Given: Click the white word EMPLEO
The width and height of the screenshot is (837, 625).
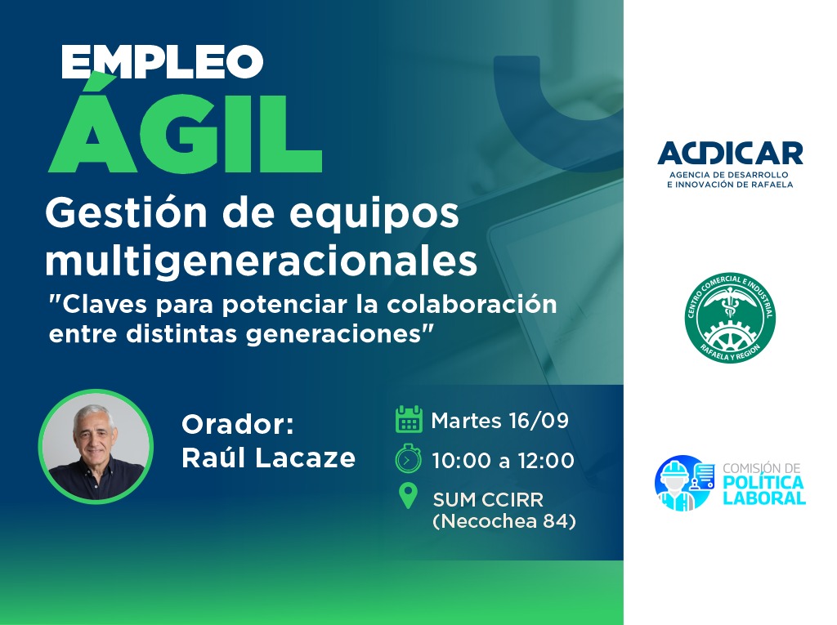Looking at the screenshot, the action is pos(163,61).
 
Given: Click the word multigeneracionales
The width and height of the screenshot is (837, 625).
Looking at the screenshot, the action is pos(262,261).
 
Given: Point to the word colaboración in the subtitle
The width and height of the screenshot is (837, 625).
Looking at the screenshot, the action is pos(472,304).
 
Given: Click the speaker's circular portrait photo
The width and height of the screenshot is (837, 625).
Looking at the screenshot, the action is pos(96,446).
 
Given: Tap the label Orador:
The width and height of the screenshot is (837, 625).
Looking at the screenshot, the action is pos(238,425).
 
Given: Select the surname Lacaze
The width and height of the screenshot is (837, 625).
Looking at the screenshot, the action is pos(305,458).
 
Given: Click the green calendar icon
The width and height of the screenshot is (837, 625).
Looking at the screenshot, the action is pos(409,419).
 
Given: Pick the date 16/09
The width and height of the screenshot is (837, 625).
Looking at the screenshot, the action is pos(539,421).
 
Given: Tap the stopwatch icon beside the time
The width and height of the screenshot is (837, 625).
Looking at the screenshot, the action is pos(409,458).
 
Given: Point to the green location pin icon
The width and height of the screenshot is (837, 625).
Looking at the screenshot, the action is pos(409,496).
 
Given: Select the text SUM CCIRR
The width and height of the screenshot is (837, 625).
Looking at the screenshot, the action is pos(488,500).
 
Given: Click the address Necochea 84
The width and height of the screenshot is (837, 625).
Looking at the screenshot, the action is pos(504,521).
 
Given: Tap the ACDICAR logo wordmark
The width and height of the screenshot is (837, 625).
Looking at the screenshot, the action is pos(730,154).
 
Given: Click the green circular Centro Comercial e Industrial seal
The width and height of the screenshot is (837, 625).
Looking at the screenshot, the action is pos(730,318).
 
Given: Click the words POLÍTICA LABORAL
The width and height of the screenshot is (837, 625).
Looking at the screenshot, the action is pos(764,490).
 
